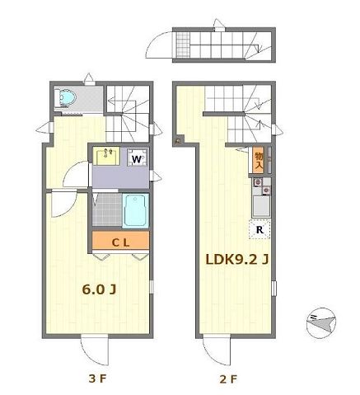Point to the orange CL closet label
(x=120, y=241)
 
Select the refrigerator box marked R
(x=259, y=229)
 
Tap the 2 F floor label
(x=228, y=380)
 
